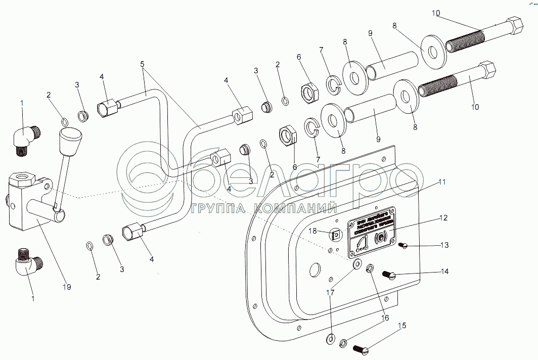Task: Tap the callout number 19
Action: pos(66,287)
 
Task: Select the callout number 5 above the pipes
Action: pos(143,64)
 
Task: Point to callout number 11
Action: pos(442,182)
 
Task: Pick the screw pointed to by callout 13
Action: pos(403,246)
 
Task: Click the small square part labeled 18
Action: pos(334,235)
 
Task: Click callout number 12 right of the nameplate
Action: pos(443,218)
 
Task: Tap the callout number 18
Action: pos(313,230)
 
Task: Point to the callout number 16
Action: pos(385,319)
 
